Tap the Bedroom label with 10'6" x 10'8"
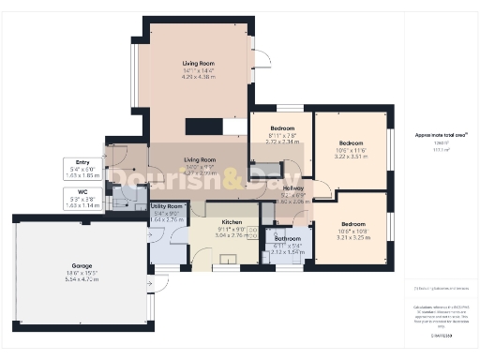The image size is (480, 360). pos(352,224)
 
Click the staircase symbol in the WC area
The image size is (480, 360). pos(118,199)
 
